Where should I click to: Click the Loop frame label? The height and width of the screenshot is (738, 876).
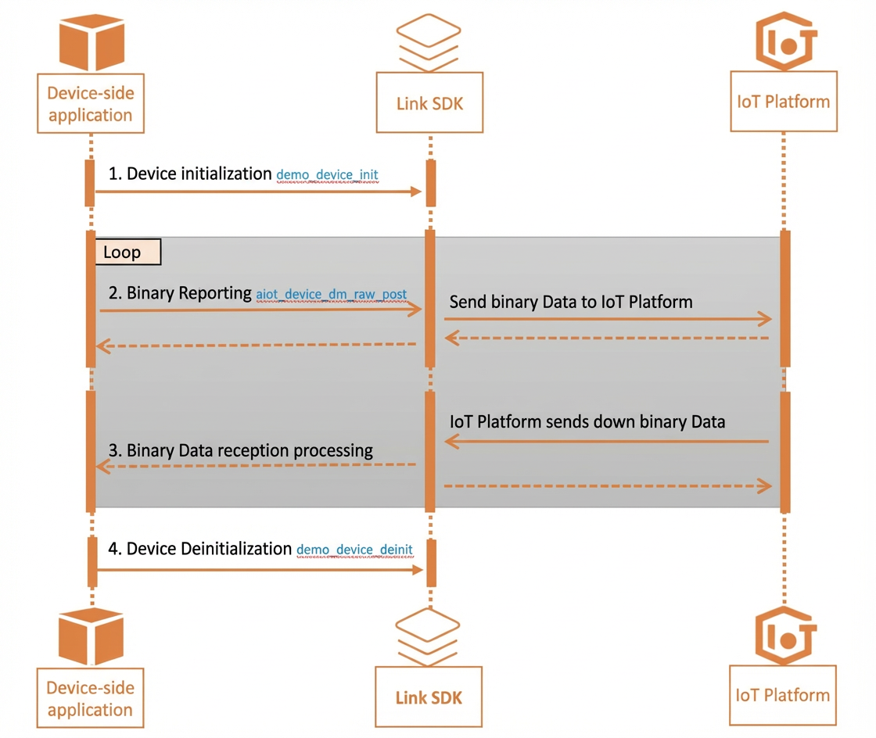pos(128,252)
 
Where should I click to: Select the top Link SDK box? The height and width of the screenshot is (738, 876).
pos(429,102)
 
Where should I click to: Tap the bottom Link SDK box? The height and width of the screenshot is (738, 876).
pos(429,697)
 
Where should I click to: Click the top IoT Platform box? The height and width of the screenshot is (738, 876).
pos(784,101)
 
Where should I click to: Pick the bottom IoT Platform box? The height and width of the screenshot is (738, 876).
pos(783,695)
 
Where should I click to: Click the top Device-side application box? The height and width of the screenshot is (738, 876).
pos(91,103)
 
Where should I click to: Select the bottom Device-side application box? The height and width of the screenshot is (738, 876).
pos(90,698)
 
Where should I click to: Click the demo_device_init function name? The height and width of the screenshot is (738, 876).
pos(328,175)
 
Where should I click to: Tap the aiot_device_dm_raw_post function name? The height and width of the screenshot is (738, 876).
pos(332,294)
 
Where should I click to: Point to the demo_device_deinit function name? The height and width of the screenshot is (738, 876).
pos(355,550)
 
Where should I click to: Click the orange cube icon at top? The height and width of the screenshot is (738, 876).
pos(92,42)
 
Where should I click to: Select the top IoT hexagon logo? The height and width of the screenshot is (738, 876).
pos(786,41)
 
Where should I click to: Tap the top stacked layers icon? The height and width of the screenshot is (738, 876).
pos(429,42)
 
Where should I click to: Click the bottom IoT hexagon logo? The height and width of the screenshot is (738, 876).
pos(785,636)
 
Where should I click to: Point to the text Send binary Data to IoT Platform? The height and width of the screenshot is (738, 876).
pos(571,302)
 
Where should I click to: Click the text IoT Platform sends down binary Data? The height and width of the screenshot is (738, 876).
pos(587,421)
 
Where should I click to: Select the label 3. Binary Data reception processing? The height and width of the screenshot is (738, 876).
pos(240,450)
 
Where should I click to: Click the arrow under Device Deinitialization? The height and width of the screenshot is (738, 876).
pos(260,570)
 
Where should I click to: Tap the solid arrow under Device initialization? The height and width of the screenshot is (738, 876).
pos(258,192)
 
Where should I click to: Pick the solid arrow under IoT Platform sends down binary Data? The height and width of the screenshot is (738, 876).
pos(607,442)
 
